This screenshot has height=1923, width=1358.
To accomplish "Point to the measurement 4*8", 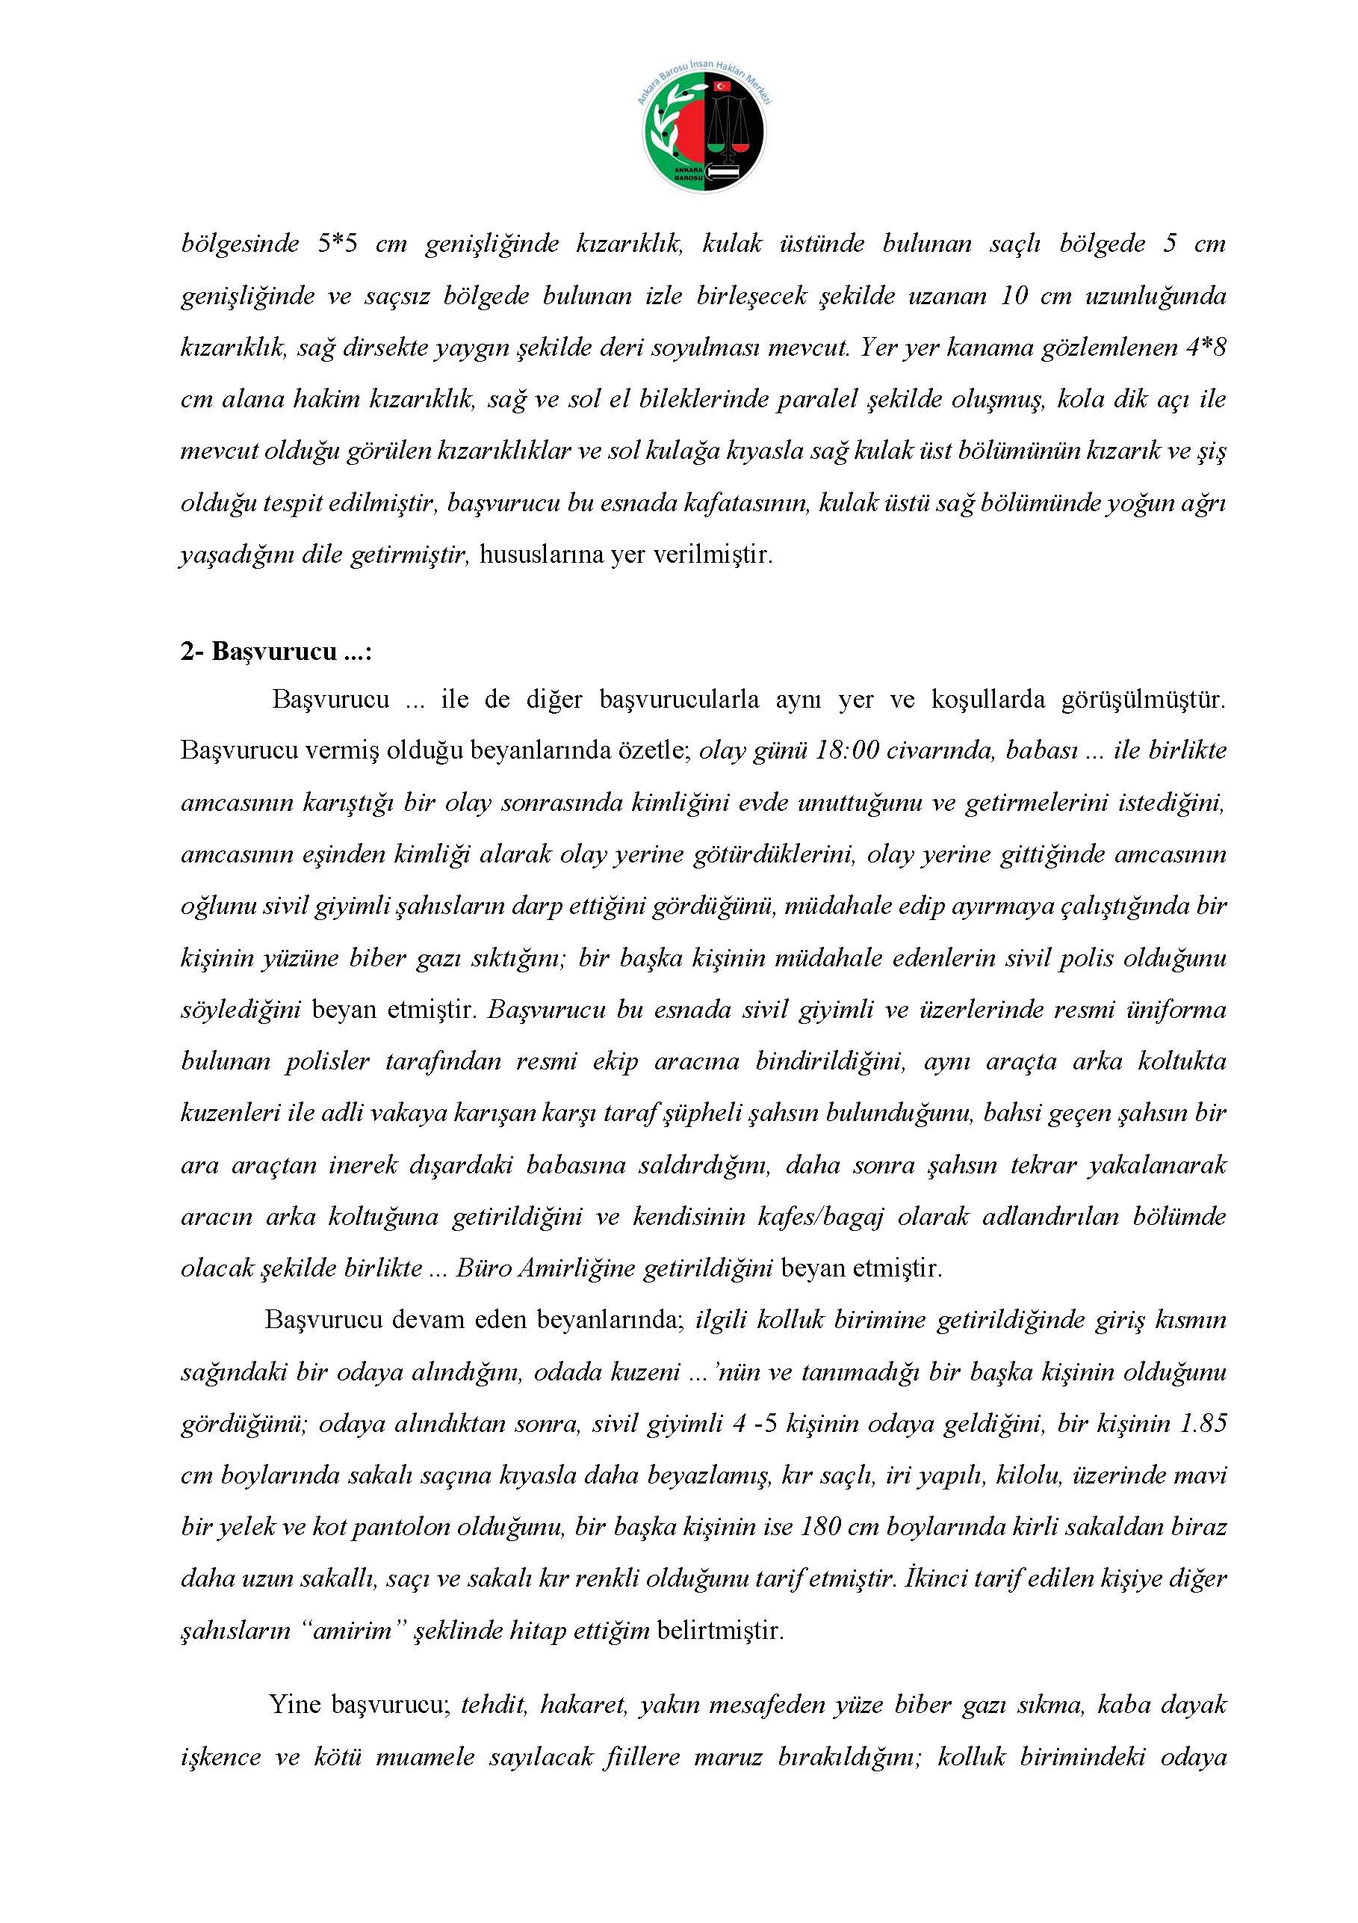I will click(x=1205, y=348).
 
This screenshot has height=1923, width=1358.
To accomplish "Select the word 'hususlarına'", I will click(x=541, y=555).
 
